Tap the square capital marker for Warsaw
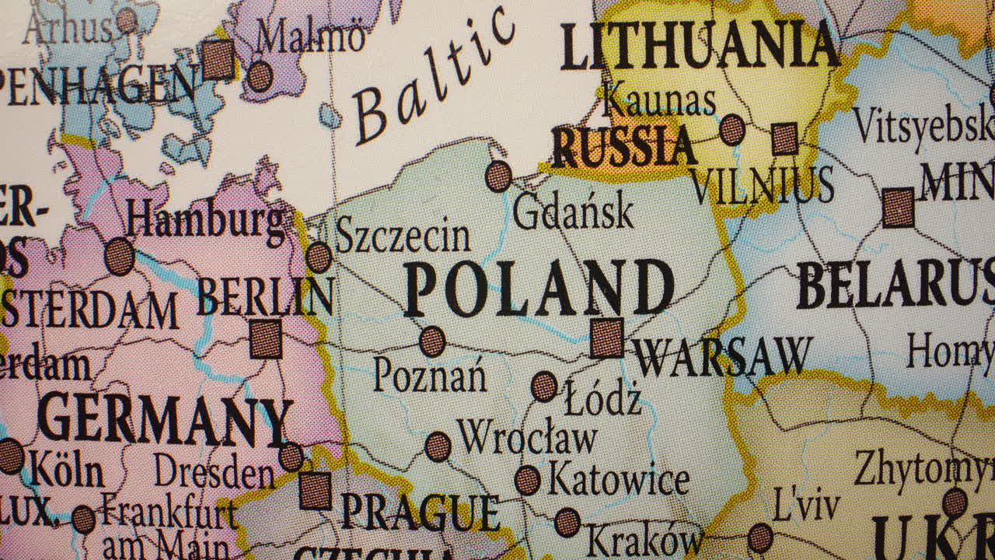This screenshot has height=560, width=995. coord(606,338)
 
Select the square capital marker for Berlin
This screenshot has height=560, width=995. coord(266,339)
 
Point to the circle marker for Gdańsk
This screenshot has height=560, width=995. coord(499,176)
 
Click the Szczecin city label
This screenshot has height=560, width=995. coord(403,236)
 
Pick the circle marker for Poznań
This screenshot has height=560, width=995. coord(432,341)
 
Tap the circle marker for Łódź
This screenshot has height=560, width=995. coord(544,386)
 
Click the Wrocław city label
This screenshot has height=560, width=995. coord(527,437)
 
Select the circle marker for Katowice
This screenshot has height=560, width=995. coord(528,480)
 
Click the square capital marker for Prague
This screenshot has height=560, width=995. coord(316,490)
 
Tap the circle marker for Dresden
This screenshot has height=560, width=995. coord(292,457)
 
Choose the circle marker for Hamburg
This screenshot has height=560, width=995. coord(119,256)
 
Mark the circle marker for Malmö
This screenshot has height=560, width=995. coord(260,76)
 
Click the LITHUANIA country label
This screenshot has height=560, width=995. coord(700,47)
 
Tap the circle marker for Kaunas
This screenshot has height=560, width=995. coord(731,129)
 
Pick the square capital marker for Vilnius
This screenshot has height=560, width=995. coord(785,138)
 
